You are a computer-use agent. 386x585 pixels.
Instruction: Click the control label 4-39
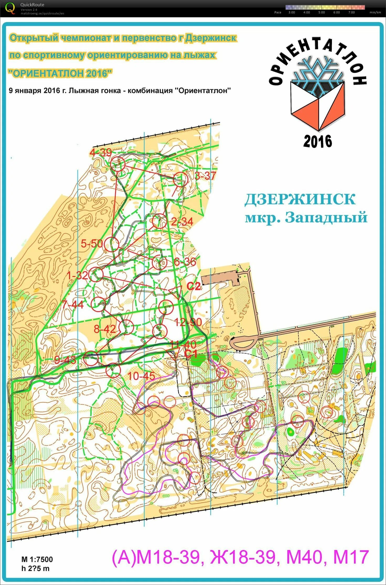point(101,152)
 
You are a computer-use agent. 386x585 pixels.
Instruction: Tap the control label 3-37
point(205,176)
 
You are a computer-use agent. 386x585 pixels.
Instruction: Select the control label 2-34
point(182,222)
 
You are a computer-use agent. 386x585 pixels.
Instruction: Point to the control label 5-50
point(92,244)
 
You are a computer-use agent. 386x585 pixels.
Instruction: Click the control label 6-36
point(185,262)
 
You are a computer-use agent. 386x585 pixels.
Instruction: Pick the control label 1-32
point(77,276)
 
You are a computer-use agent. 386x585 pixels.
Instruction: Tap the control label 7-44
point(72,305)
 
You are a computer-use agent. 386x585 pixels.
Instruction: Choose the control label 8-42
point(105,329)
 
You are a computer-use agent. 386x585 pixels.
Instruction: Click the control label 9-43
point(65,360)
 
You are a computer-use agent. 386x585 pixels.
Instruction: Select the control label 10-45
point(141,376)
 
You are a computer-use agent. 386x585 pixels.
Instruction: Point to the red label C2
point(193,286)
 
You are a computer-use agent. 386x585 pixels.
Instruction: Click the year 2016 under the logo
point(318,141)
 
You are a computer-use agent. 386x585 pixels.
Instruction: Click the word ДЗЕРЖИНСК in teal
point(300,199)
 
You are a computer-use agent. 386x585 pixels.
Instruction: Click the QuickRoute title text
point(32,5)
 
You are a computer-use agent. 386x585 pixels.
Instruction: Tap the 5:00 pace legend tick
point(321,12)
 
